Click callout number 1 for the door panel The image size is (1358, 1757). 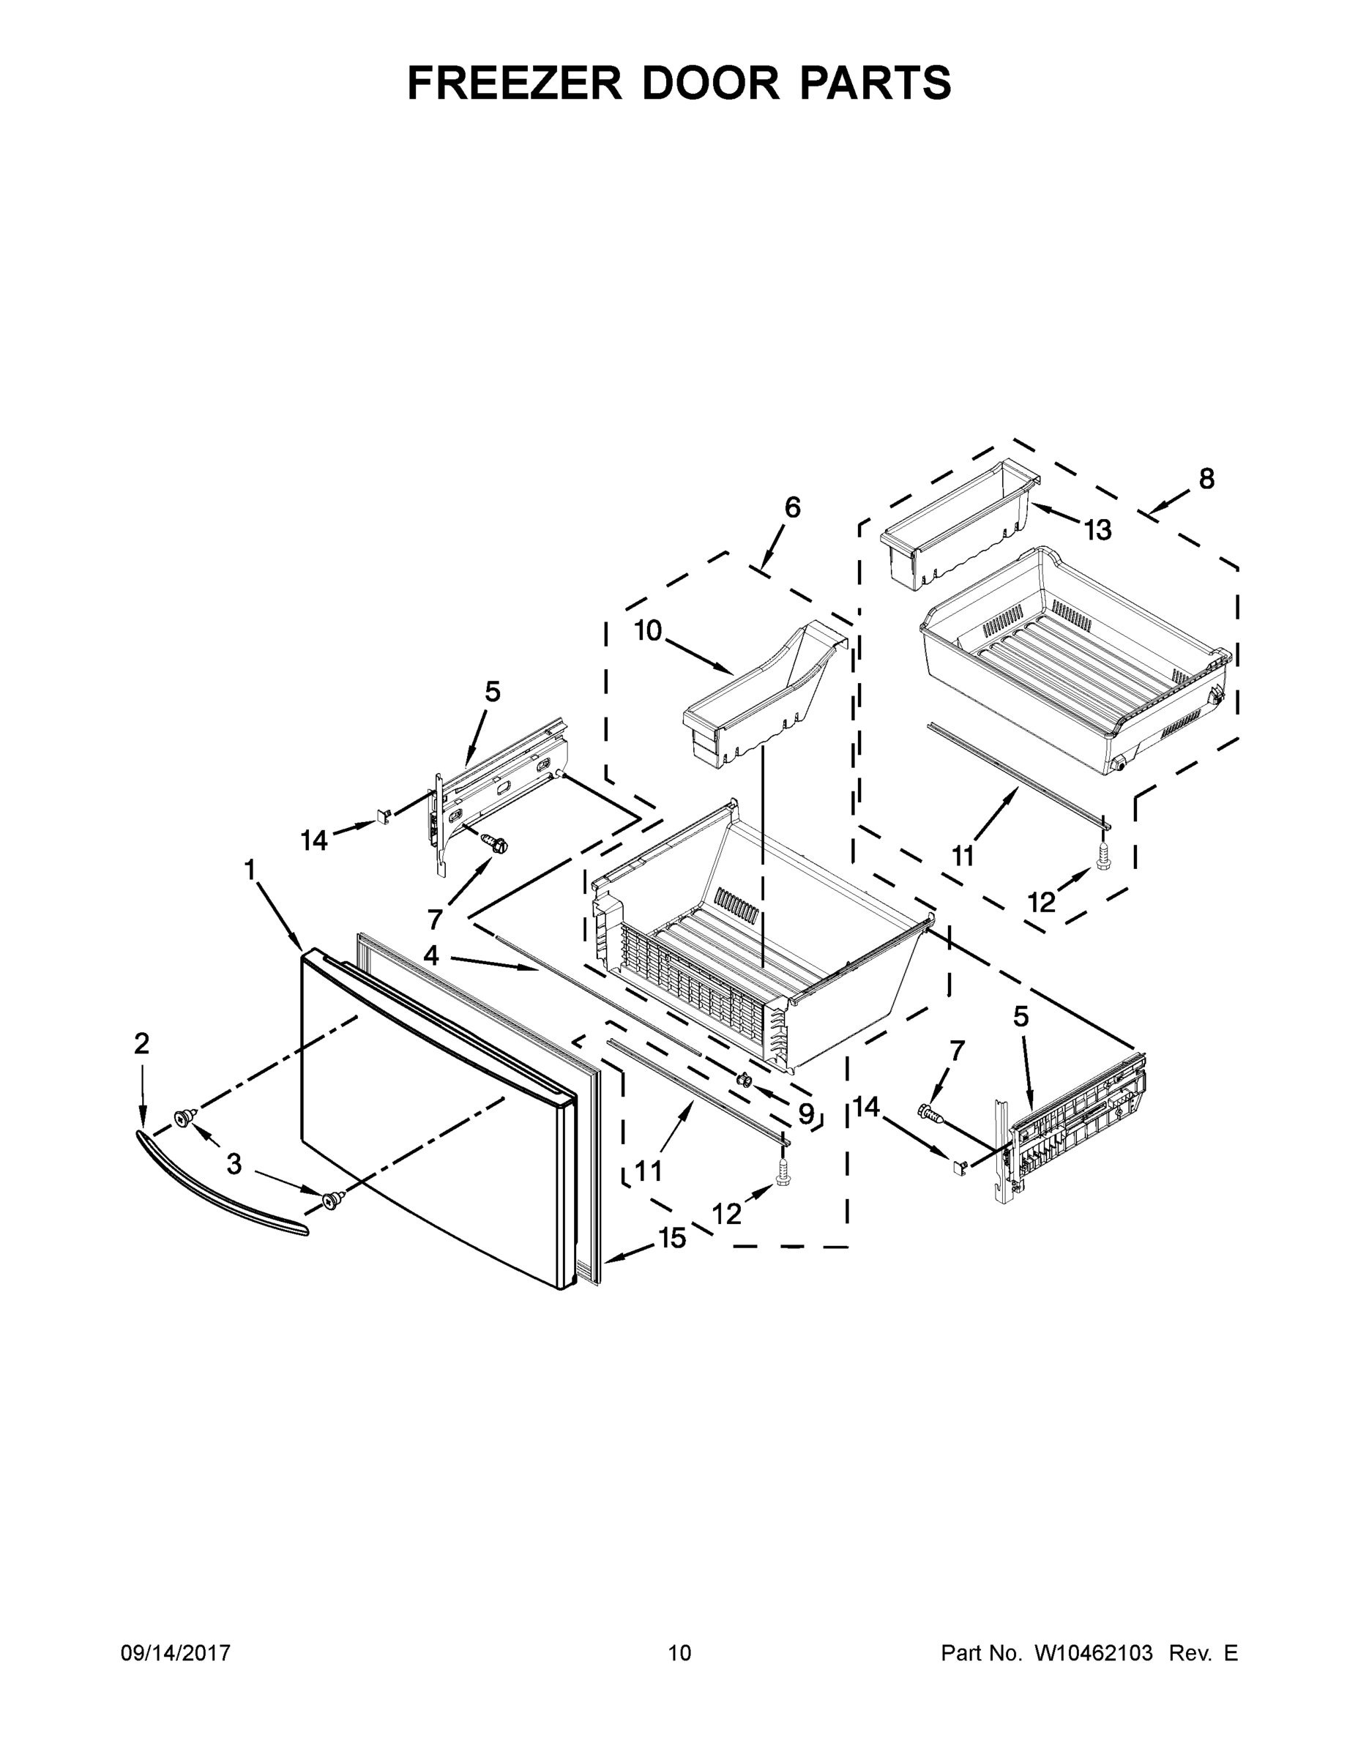(x=250, y=870)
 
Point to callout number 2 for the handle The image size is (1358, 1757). (x=141, y=1043)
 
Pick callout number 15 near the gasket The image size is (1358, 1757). (x=673, y=1238)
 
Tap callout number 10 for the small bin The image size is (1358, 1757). (x=648, y=631)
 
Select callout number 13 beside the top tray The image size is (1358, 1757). (x=1097, y=530)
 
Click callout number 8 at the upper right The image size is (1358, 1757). (x=1206, y=479)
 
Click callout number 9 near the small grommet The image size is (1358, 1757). (x=805, y=1113)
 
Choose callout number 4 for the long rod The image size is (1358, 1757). (x=431, y=955)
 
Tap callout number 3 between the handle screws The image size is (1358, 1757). (x=234, y=1164)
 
